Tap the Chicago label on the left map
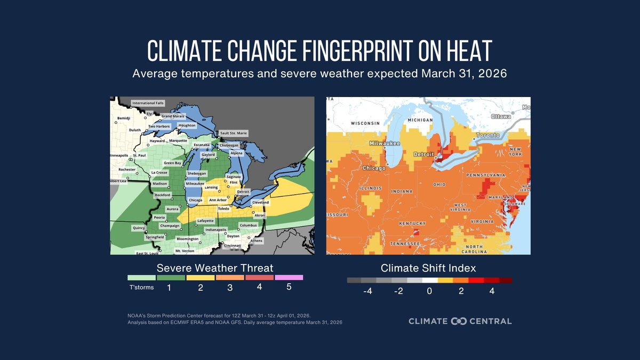click(195, 200)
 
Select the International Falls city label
click(148, 103)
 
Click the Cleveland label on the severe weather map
click(261, 203)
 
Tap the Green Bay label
click(172, 163)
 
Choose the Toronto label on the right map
click(489, 135)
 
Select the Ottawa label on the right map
click(501, 116)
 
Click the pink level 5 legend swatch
click(289, 277)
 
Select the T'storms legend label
click(141, 287)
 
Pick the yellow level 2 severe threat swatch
click(199, 277)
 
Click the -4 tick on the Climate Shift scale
click(368, 291)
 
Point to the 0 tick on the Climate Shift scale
click(429, 291)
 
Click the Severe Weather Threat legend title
click(215, 267)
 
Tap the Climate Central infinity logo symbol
click(459, 321)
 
